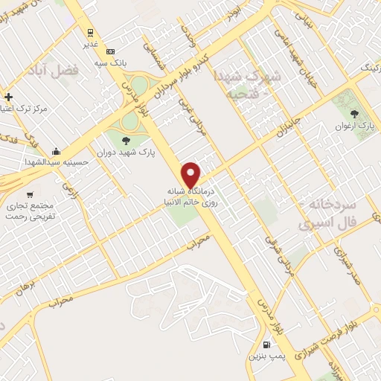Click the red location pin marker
[x=192, y=174]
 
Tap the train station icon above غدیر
[x=90, y=33]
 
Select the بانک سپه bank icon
[x=111, y=51]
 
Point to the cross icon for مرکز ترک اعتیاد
[x=8, y=97]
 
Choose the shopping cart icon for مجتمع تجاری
[x=29, y=194]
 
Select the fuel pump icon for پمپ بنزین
[x=266, y=345]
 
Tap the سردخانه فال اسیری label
[x=329, y=211]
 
